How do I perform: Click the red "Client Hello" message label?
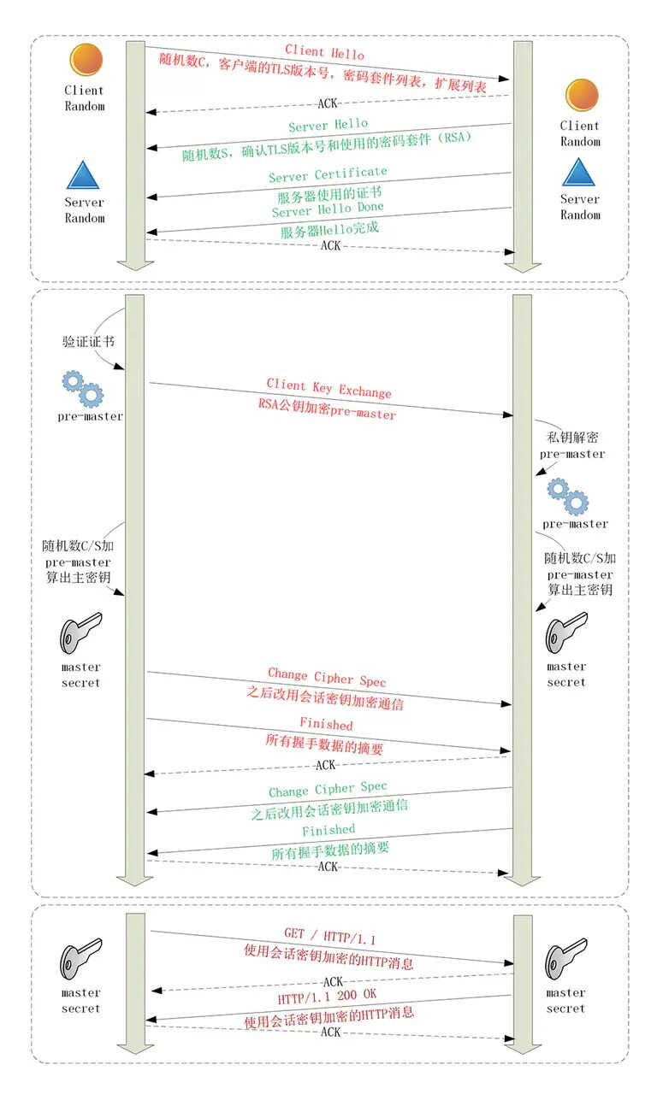tap(324, 51)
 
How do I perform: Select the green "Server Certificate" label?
tap(328, 174)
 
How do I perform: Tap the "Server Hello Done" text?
tap(328, 209)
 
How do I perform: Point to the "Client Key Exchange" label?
tap(329, 387)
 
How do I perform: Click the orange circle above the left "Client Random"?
tap(86, 59)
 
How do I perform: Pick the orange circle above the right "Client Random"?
tap(582, 95)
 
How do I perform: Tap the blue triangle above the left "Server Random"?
tap(83, 175)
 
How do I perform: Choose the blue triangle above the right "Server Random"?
tap(578, 172)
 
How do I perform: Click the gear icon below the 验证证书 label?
tap(83, 389)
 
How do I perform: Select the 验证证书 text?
tap(88, 341)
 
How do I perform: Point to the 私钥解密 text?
tap(572, 437)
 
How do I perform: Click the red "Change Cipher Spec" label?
tap(327, 677)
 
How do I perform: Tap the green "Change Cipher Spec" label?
tap(328, 789)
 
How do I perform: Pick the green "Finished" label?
tap(329, 830)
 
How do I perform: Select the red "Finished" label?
tap(326, 723)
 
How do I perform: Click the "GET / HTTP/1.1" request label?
tap(330, 936)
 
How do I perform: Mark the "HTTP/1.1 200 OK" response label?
tap(327, 997)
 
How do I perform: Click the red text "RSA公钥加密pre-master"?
tap(327, 409)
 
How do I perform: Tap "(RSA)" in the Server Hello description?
tap(455, 138)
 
